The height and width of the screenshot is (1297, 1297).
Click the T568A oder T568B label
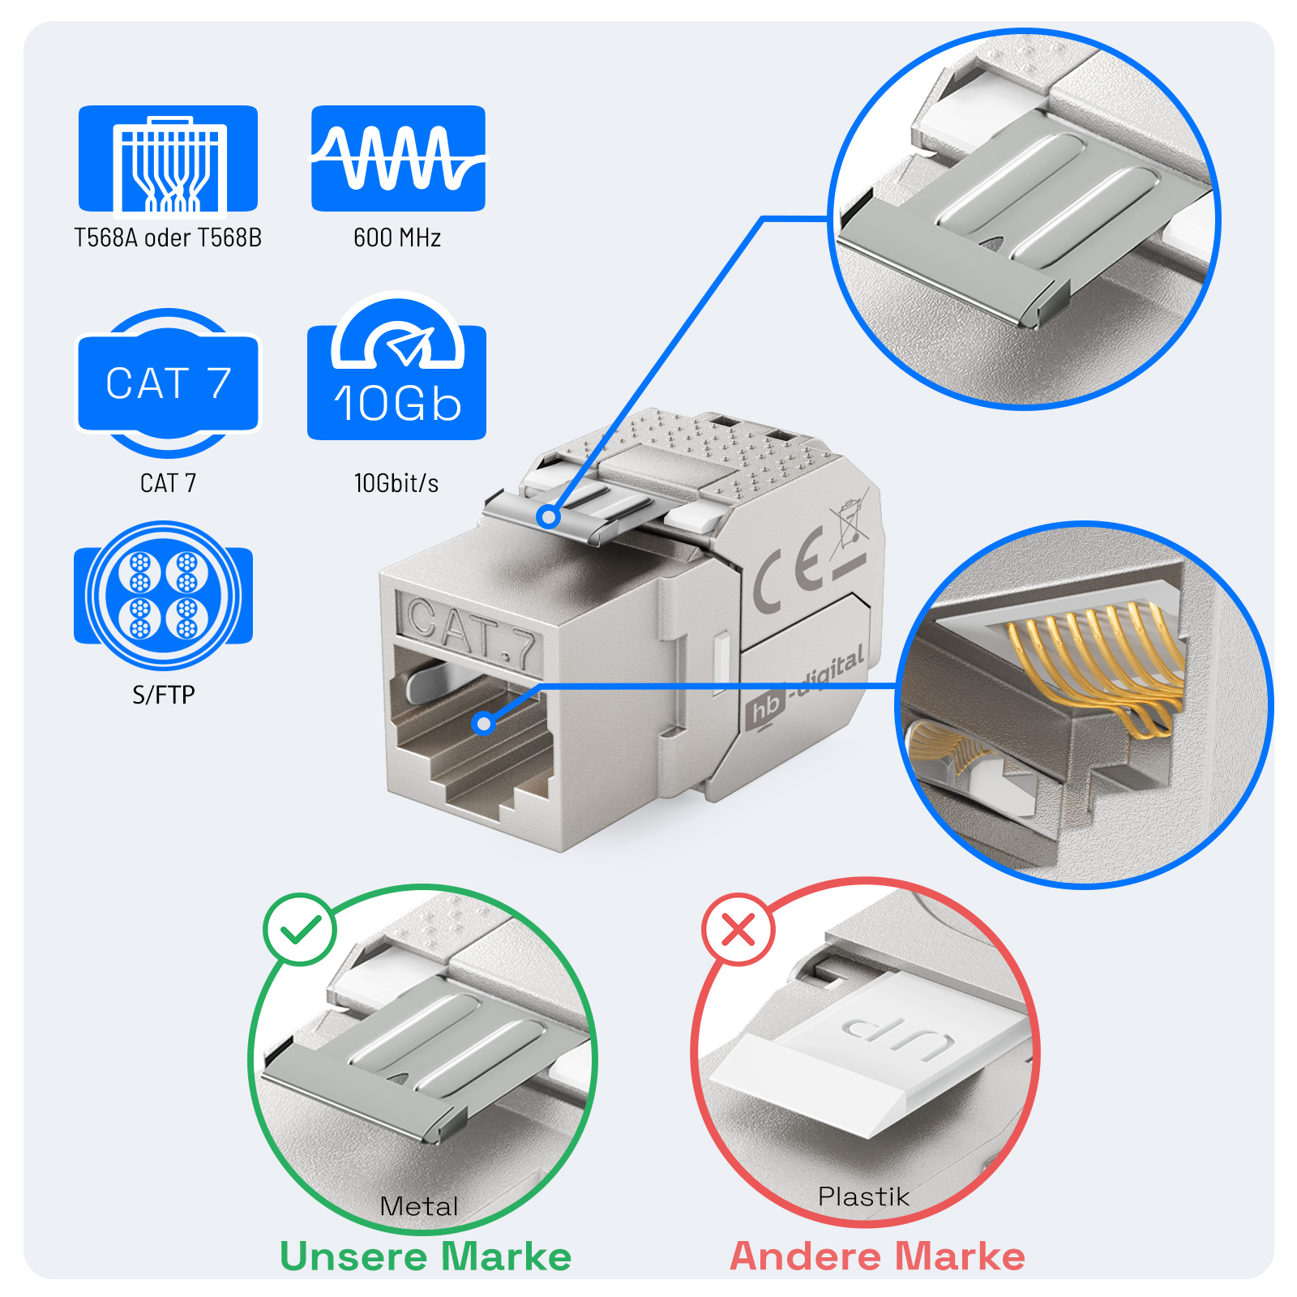click(x=168, y=238)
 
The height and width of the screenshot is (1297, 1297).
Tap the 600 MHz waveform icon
click(x=398, y=158)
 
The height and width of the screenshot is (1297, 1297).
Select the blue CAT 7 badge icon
click(x=168, y=383)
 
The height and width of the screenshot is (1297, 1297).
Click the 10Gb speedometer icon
click(x=397, y=369)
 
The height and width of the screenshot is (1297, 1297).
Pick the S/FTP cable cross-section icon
click(x=164, y=595)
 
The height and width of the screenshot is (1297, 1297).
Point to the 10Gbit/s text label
click(x=396, y=483)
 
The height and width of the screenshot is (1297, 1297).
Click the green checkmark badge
click(x=300, y=929)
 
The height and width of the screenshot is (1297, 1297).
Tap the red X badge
click(x=738, y=929)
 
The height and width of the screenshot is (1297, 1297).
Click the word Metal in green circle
click(x=419, y=1206)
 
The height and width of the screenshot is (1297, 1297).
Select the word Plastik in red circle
click(x=863, y=1196)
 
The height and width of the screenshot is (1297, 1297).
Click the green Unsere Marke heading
click(x=426, y=1256)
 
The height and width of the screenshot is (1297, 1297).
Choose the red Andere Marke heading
click(x=877, y=1256)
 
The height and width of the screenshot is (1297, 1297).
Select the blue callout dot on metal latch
click(x=549, y=516)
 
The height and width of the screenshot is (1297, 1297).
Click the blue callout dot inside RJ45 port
click(x=484, y=723)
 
